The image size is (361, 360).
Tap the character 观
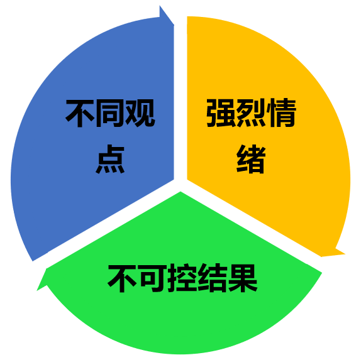[x=140, y=114]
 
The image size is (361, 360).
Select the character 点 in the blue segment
[x=110, y=159]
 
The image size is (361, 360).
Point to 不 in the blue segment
[x=80, y=114]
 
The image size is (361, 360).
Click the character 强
[x=221, y=113]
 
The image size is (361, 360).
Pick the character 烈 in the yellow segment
[x=251, y=113]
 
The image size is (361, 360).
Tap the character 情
[x=281, y=113]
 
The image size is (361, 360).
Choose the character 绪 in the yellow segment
[x=251, y=159]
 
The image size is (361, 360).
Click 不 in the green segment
[x=122, y=278]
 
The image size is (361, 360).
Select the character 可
[x=152, y=278]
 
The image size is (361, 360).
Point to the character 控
[x=182, y=278]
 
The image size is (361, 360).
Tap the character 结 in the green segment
[x=212, y=278]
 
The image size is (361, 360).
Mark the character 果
[x=242, y=278]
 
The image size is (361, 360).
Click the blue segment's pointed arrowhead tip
[x=174, y=25]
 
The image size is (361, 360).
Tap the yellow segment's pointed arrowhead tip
[x=345, y=254]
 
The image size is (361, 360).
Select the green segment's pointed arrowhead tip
[x=37, y=290]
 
